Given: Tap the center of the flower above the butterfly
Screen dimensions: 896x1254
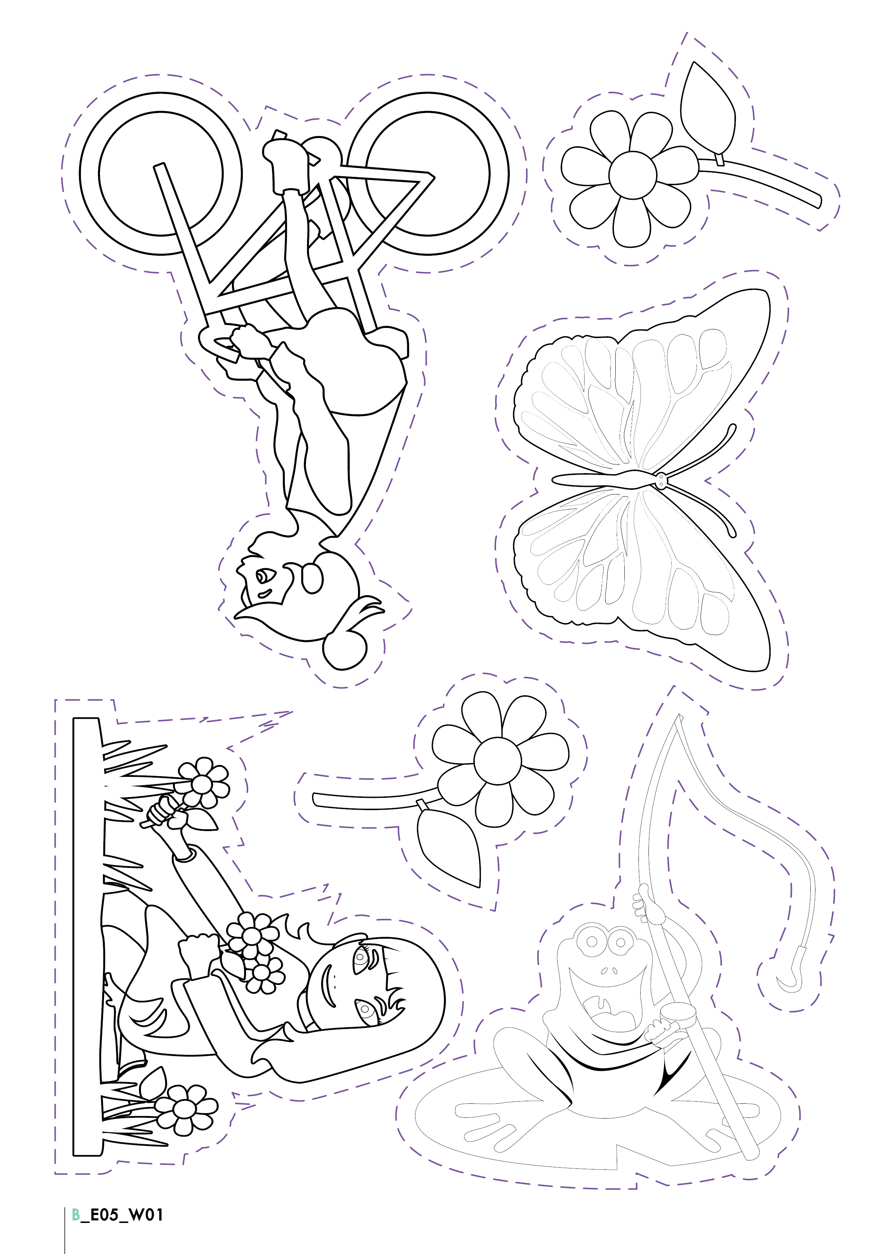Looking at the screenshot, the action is tap(633, 175).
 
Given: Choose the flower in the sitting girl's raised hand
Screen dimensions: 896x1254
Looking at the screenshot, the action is tap(202, 783).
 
